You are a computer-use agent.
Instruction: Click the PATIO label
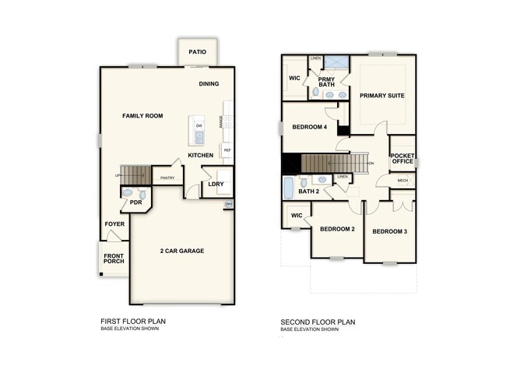197,53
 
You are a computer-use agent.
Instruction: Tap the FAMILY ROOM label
142,116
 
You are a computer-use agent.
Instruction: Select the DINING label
209,84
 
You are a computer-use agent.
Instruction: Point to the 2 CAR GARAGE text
181,251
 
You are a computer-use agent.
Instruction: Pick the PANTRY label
167,178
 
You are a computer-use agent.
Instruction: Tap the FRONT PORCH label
114,259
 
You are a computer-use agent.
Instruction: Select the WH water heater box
228,204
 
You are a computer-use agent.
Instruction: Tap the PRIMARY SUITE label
382,96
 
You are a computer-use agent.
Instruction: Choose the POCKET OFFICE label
402,158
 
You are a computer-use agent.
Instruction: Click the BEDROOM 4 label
309,127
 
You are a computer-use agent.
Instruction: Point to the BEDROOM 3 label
388,231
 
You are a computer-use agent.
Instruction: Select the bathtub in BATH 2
288,188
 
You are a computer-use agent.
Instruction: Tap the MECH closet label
402,181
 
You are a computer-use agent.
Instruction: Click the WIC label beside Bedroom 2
296,215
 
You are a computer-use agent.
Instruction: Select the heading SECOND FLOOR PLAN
318,321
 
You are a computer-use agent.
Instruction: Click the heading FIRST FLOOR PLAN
133,321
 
